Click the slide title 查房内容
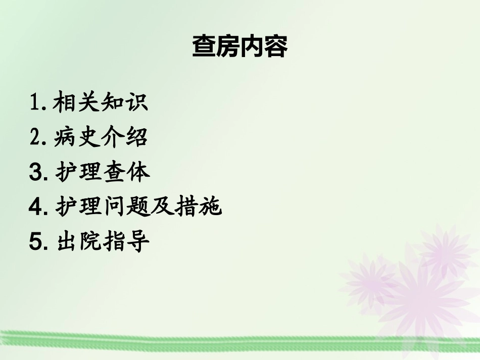[239, 47]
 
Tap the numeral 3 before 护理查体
[36, 172]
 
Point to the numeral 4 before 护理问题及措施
[36, 207]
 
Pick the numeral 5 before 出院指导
[36, 242]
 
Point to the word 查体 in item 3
[126, 172]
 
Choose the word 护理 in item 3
[78, 172]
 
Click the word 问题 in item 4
[126, 207]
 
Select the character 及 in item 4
[162, 207]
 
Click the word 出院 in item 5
[78, 242]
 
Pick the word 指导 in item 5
[126, 242]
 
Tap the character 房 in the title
[227, 47]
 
